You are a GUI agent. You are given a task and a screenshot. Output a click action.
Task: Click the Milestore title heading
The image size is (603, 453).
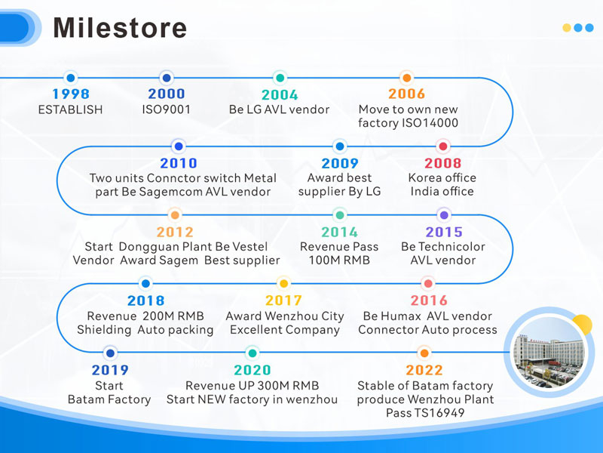(x=120, y=28)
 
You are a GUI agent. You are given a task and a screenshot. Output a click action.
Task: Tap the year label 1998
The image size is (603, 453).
(x=71, y=94)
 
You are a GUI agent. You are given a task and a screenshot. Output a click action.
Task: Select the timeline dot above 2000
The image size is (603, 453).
(x=167, y=78)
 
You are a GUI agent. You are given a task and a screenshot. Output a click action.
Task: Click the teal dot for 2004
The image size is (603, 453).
(x=280, y=78)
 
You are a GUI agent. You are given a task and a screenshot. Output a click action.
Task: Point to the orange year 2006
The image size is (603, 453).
(x=406, y=94)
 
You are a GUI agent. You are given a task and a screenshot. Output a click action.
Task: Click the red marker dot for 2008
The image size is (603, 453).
(x=443, y=146)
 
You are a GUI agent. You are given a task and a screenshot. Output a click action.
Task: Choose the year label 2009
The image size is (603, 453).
(x=340, y=163)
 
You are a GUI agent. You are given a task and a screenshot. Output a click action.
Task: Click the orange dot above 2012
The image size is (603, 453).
(x=175, y=215)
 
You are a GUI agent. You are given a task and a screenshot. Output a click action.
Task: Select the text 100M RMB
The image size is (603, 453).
(x=339, y=260)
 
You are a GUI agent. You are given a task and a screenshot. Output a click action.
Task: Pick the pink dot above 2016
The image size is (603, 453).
(x=427, y=284)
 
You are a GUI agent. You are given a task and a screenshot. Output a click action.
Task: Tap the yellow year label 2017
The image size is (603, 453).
(x=284, y=300)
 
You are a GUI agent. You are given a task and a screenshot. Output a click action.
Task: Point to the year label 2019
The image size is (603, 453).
(x=110, y=370)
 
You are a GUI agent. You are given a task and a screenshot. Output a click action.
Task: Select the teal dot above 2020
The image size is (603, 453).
(x=253, y=353)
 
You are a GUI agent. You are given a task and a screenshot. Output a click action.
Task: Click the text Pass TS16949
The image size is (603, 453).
(x=425, y=413)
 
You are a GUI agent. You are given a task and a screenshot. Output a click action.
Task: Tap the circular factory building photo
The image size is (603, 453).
(x=549, y=352)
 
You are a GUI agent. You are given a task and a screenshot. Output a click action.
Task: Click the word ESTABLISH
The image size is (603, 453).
(x=70, y=109)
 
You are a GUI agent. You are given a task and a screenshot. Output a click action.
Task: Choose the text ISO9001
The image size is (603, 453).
(x=166, y=109)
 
